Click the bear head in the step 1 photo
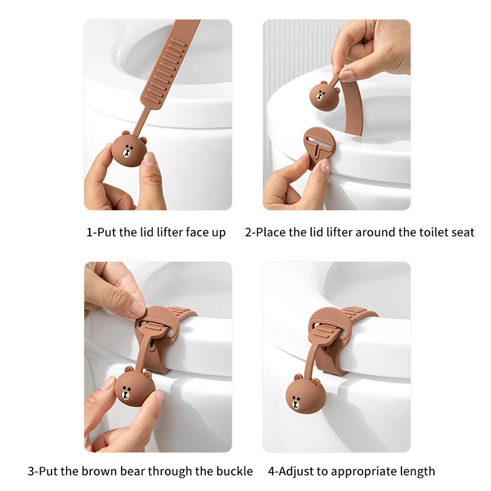pyautogui.click(x=130, y=149)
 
